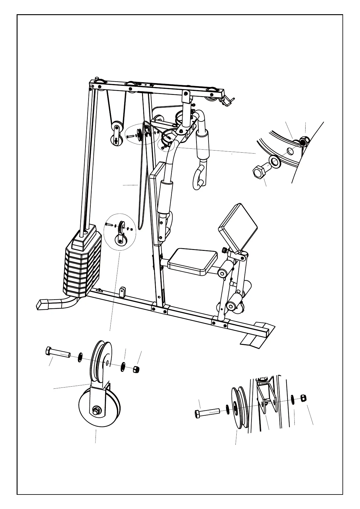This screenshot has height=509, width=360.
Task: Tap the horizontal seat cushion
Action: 193,261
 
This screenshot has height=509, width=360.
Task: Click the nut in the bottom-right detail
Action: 303,398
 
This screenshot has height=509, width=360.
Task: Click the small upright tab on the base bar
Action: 122,292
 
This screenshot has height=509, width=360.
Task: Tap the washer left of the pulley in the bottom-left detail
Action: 80,357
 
